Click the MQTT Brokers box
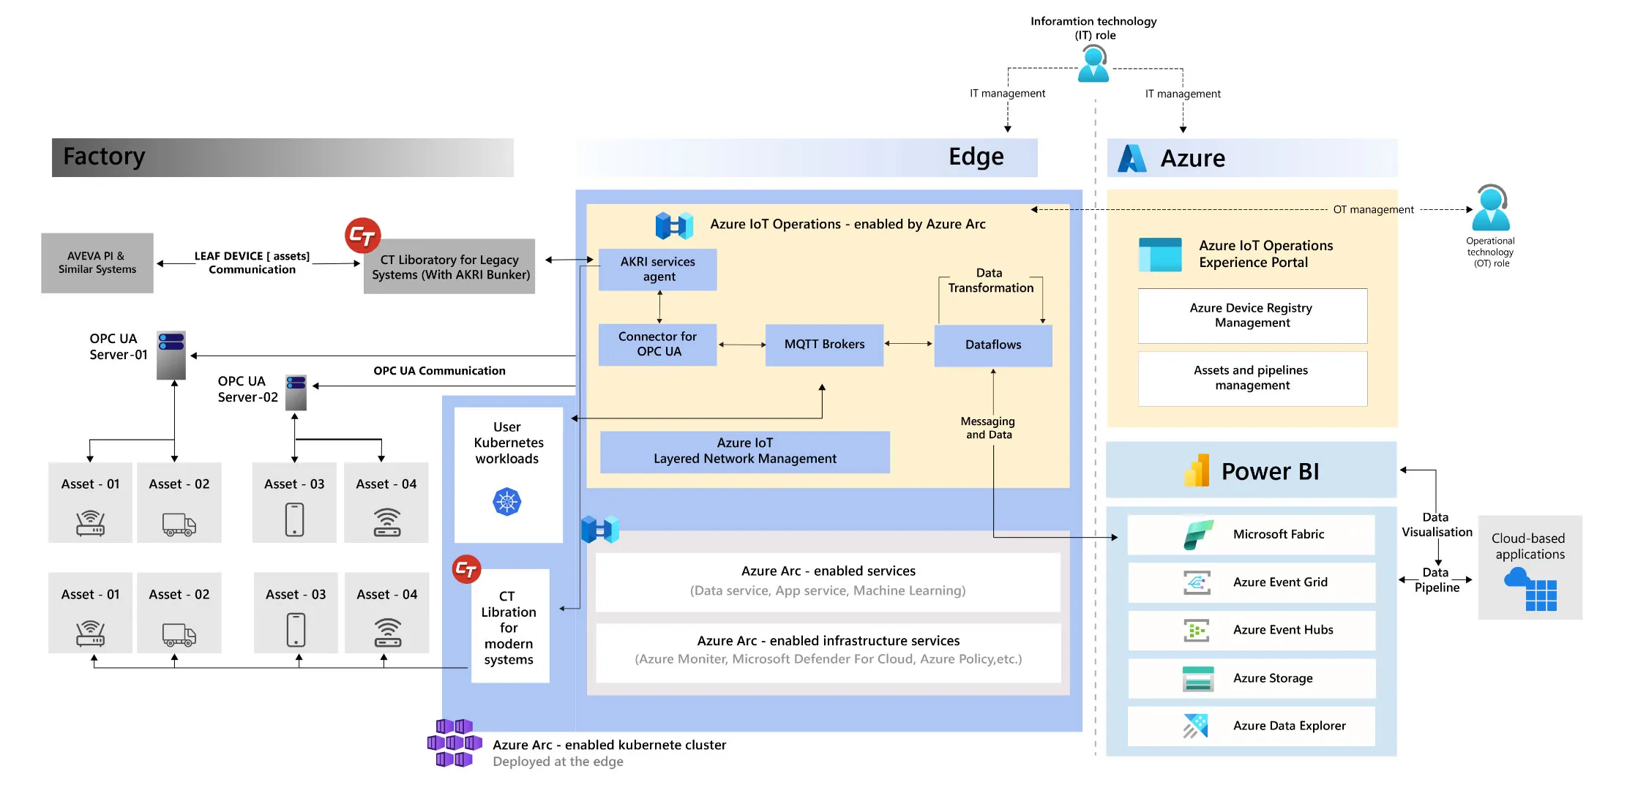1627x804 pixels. [824, 345]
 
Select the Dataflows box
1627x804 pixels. [992, 345]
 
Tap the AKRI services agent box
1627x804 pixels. [657, 269]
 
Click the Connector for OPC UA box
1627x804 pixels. [657, 344]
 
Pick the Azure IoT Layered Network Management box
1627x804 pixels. [744, 451]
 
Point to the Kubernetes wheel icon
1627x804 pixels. [506, 502]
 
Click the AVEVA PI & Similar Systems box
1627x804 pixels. [97, 263]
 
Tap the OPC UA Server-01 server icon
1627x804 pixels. [171, 355]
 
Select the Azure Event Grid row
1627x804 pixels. [1251, 582]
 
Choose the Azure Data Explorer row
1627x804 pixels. [1251, 726]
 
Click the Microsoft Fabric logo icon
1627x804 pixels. [1198, 535]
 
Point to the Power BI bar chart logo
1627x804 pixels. [1197, 471]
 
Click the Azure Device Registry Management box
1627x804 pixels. [1252, 315]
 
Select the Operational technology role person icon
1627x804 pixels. [1490, 208]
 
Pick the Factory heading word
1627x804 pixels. [104, 157]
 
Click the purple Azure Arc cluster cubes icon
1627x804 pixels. [455, 743]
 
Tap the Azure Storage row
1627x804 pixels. [1251, 678]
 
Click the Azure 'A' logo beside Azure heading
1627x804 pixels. [1132, 158]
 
